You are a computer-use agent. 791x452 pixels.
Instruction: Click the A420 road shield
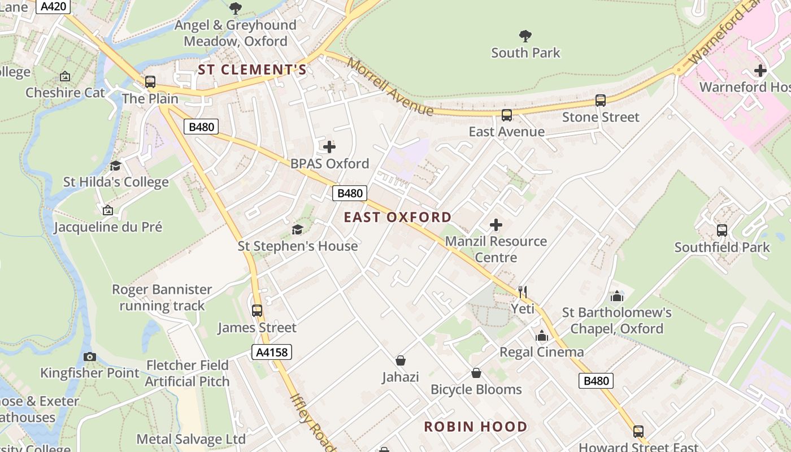pos(54,7)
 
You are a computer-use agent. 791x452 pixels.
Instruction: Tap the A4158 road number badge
pos(272,353)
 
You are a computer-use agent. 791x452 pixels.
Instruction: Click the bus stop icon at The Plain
pos(150,82)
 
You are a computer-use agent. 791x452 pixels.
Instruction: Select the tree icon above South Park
pos(525,36)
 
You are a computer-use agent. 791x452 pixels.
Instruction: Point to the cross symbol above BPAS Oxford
pos(329,147)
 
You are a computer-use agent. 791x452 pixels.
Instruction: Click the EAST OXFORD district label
pos(398,217)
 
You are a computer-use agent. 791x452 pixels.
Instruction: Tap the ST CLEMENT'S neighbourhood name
pos(252,69)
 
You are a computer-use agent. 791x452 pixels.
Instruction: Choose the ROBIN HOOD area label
pos(476,427)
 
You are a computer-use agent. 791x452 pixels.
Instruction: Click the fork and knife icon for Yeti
pos(523,292)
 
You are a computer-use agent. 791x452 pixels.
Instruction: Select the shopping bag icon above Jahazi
pos(401,360)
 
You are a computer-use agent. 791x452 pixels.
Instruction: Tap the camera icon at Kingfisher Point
pos(90,357)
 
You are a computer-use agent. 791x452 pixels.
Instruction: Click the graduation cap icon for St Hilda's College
pos(116,166)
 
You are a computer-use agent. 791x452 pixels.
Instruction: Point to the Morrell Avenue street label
pos(390,86)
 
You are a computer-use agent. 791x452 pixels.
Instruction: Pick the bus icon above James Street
pos(257,311)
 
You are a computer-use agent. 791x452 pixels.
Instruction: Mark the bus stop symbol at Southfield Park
pos(722,231)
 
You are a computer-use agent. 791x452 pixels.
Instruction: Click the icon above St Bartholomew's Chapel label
pos(616,297)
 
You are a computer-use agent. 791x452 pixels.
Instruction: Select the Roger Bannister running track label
pos(162,298)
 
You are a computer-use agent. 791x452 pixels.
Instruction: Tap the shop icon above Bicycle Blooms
pos(476,373)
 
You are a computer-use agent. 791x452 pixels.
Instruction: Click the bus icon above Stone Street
pos(601,101)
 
